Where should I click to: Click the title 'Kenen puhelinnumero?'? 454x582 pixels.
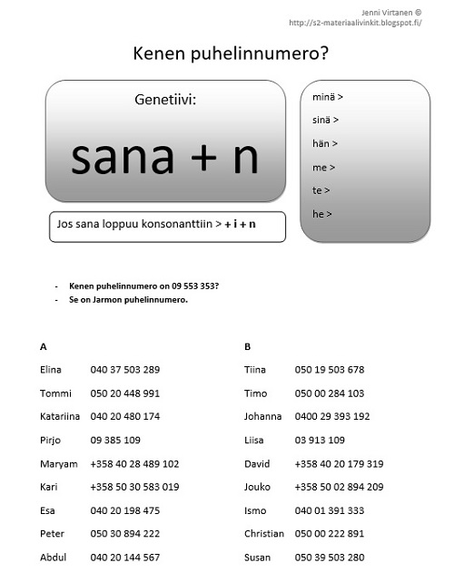[231, 54]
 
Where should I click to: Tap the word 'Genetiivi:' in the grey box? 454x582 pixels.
[164, 101]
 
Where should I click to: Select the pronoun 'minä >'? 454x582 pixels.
[327, 96]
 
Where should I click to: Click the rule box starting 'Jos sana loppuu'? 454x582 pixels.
[168, 227]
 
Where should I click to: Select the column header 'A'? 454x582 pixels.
[44, 345]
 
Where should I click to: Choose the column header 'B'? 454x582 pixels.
[247, 345]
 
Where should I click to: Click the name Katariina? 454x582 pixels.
[61, 416]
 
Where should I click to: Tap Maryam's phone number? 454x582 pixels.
[134, 463]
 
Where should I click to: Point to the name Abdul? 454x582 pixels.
[54, 558]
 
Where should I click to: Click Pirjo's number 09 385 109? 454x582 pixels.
[115, 440]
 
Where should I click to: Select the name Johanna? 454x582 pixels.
[263, 416]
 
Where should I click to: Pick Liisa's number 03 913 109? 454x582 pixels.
[320, 440]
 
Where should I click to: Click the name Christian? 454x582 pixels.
[266, 534]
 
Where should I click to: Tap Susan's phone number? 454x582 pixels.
[330, 558]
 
